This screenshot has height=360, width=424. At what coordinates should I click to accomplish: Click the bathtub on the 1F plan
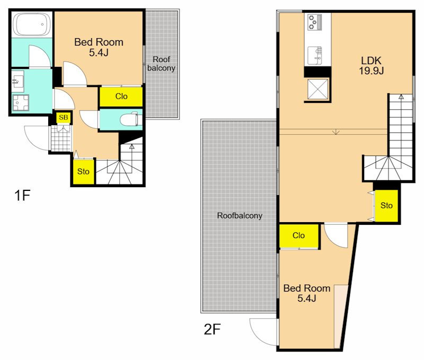coord(32,24)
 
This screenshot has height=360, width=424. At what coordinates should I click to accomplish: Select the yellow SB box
coord(64,117)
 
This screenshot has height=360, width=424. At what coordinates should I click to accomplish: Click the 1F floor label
coord(22,195)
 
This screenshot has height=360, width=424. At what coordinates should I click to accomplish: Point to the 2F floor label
coord(213,329)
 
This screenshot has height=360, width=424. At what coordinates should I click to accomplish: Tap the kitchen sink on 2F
coord(315,55)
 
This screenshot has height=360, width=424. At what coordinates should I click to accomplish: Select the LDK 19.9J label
coord(372,65)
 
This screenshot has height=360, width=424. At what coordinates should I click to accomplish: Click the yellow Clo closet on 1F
coord(121,96)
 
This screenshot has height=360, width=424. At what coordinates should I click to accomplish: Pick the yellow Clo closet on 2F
coord(299,235)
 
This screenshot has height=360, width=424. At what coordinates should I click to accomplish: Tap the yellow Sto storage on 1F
coord(83,171)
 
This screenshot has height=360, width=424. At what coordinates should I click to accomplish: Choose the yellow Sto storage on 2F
coord(386,206)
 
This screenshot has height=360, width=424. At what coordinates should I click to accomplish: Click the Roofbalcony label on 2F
coord(240,216)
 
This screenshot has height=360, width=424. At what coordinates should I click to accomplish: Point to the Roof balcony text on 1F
coord(162,64)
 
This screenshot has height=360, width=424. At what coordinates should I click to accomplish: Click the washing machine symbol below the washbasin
coord(21,102)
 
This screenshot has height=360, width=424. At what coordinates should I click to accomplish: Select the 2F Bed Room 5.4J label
coord(307,293)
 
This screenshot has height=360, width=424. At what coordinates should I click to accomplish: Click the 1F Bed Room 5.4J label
coord(99,47)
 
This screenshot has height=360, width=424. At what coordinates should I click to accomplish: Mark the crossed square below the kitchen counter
coord(317,89)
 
